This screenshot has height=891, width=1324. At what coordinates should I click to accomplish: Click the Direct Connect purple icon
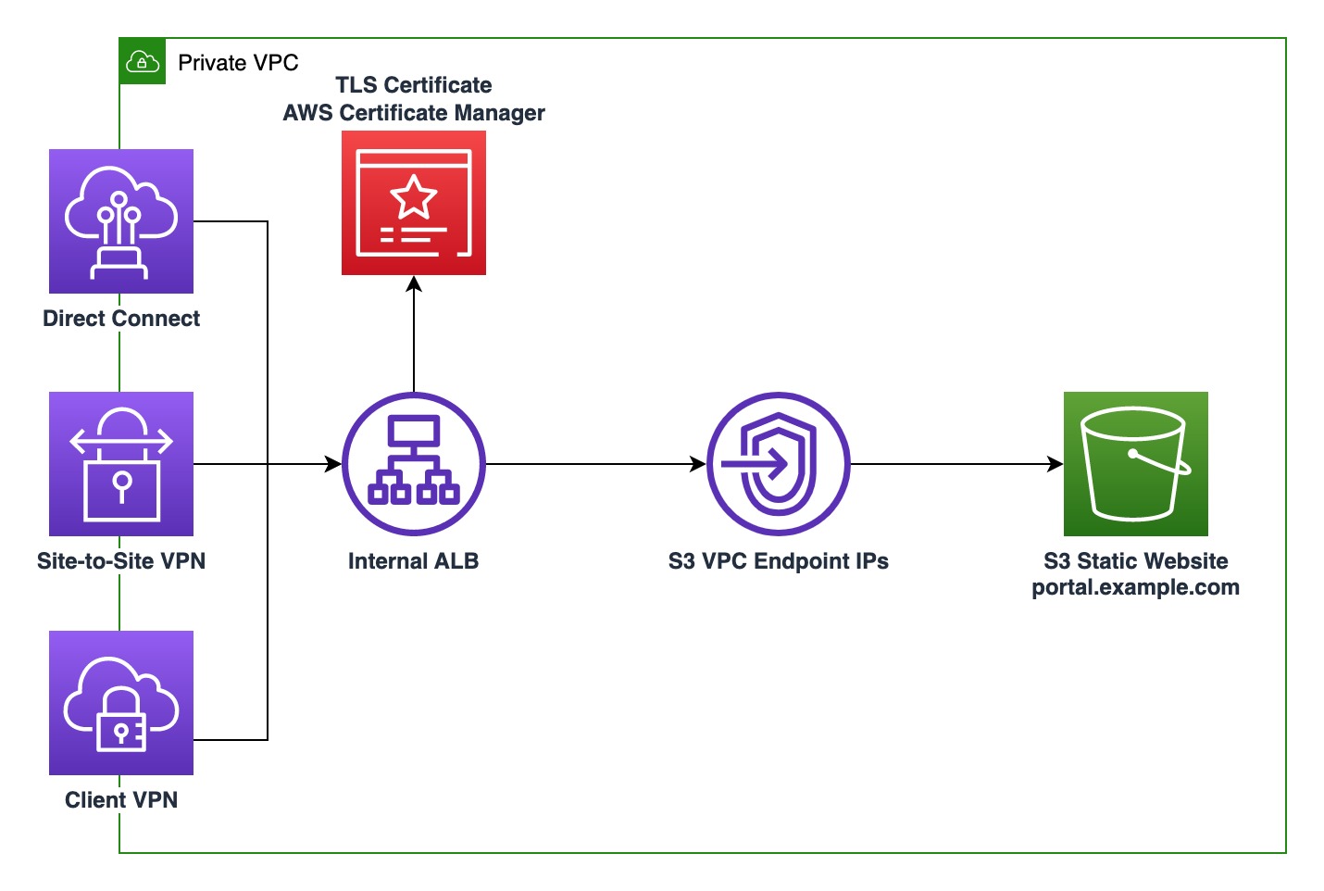click(121, 221)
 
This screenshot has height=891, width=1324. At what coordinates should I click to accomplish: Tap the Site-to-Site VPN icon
click(121, 464)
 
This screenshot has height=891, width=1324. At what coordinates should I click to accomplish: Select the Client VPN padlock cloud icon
click(121, 703)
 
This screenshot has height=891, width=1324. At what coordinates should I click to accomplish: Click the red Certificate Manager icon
click(414, 203)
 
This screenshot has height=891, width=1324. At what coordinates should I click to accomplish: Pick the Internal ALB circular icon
click(414, 464)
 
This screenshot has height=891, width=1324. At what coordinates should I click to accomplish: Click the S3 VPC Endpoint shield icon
click(779, 464)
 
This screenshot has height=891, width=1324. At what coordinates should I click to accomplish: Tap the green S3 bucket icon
click(1136, 464)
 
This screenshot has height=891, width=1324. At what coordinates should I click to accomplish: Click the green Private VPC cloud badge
click(143, 62)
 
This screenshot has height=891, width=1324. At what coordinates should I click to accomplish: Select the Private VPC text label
click(238, 63)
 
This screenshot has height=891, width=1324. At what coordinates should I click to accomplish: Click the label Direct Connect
click(121, 319)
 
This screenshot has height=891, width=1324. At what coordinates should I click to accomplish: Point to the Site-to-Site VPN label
click(121, 561)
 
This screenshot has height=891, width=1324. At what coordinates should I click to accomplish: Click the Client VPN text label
click(121, 800)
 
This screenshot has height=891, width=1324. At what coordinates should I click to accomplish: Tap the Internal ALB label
click(414, 561)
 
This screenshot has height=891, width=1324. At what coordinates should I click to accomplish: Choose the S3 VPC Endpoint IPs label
click(779, 561)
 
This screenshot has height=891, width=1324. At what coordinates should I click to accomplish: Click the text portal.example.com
click(1136, 587)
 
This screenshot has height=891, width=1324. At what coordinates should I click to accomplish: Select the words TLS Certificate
click(414, 85)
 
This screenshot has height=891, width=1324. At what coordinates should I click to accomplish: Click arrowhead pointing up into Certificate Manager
click(414, 283)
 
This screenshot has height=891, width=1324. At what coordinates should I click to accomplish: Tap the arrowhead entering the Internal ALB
click(334, 464)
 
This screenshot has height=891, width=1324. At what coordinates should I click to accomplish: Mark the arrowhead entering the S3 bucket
click(1055, 464)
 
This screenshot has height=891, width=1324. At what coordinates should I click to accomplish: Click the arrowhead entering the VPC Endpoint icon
click(699, 464)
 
